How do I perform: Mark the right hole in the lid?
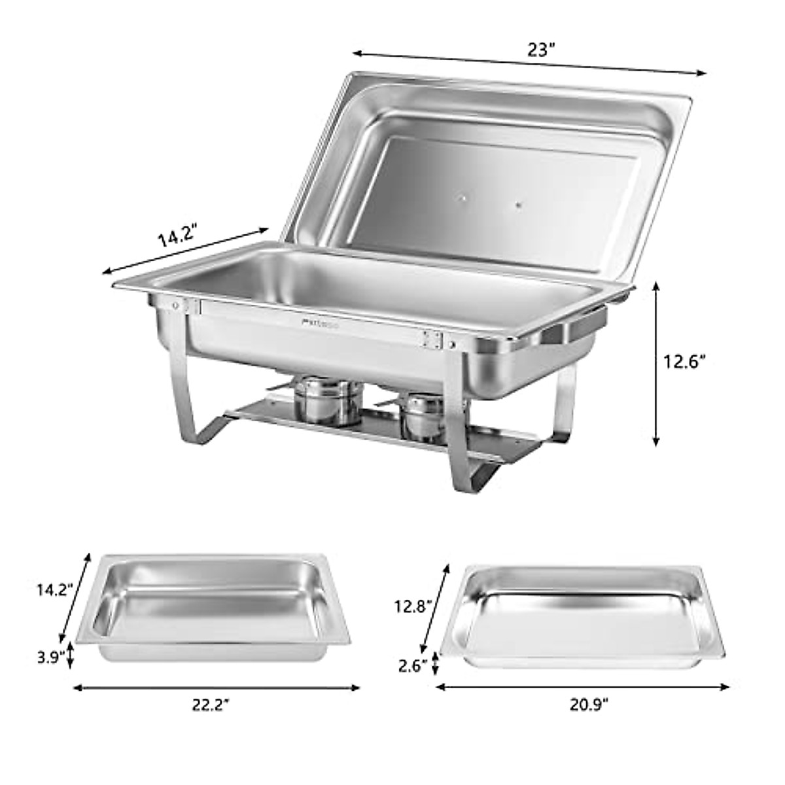[518, 205]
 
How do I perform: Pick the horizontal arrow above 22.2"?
[216, 687]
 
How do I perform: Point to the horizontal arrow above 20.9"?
[582, 687]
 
